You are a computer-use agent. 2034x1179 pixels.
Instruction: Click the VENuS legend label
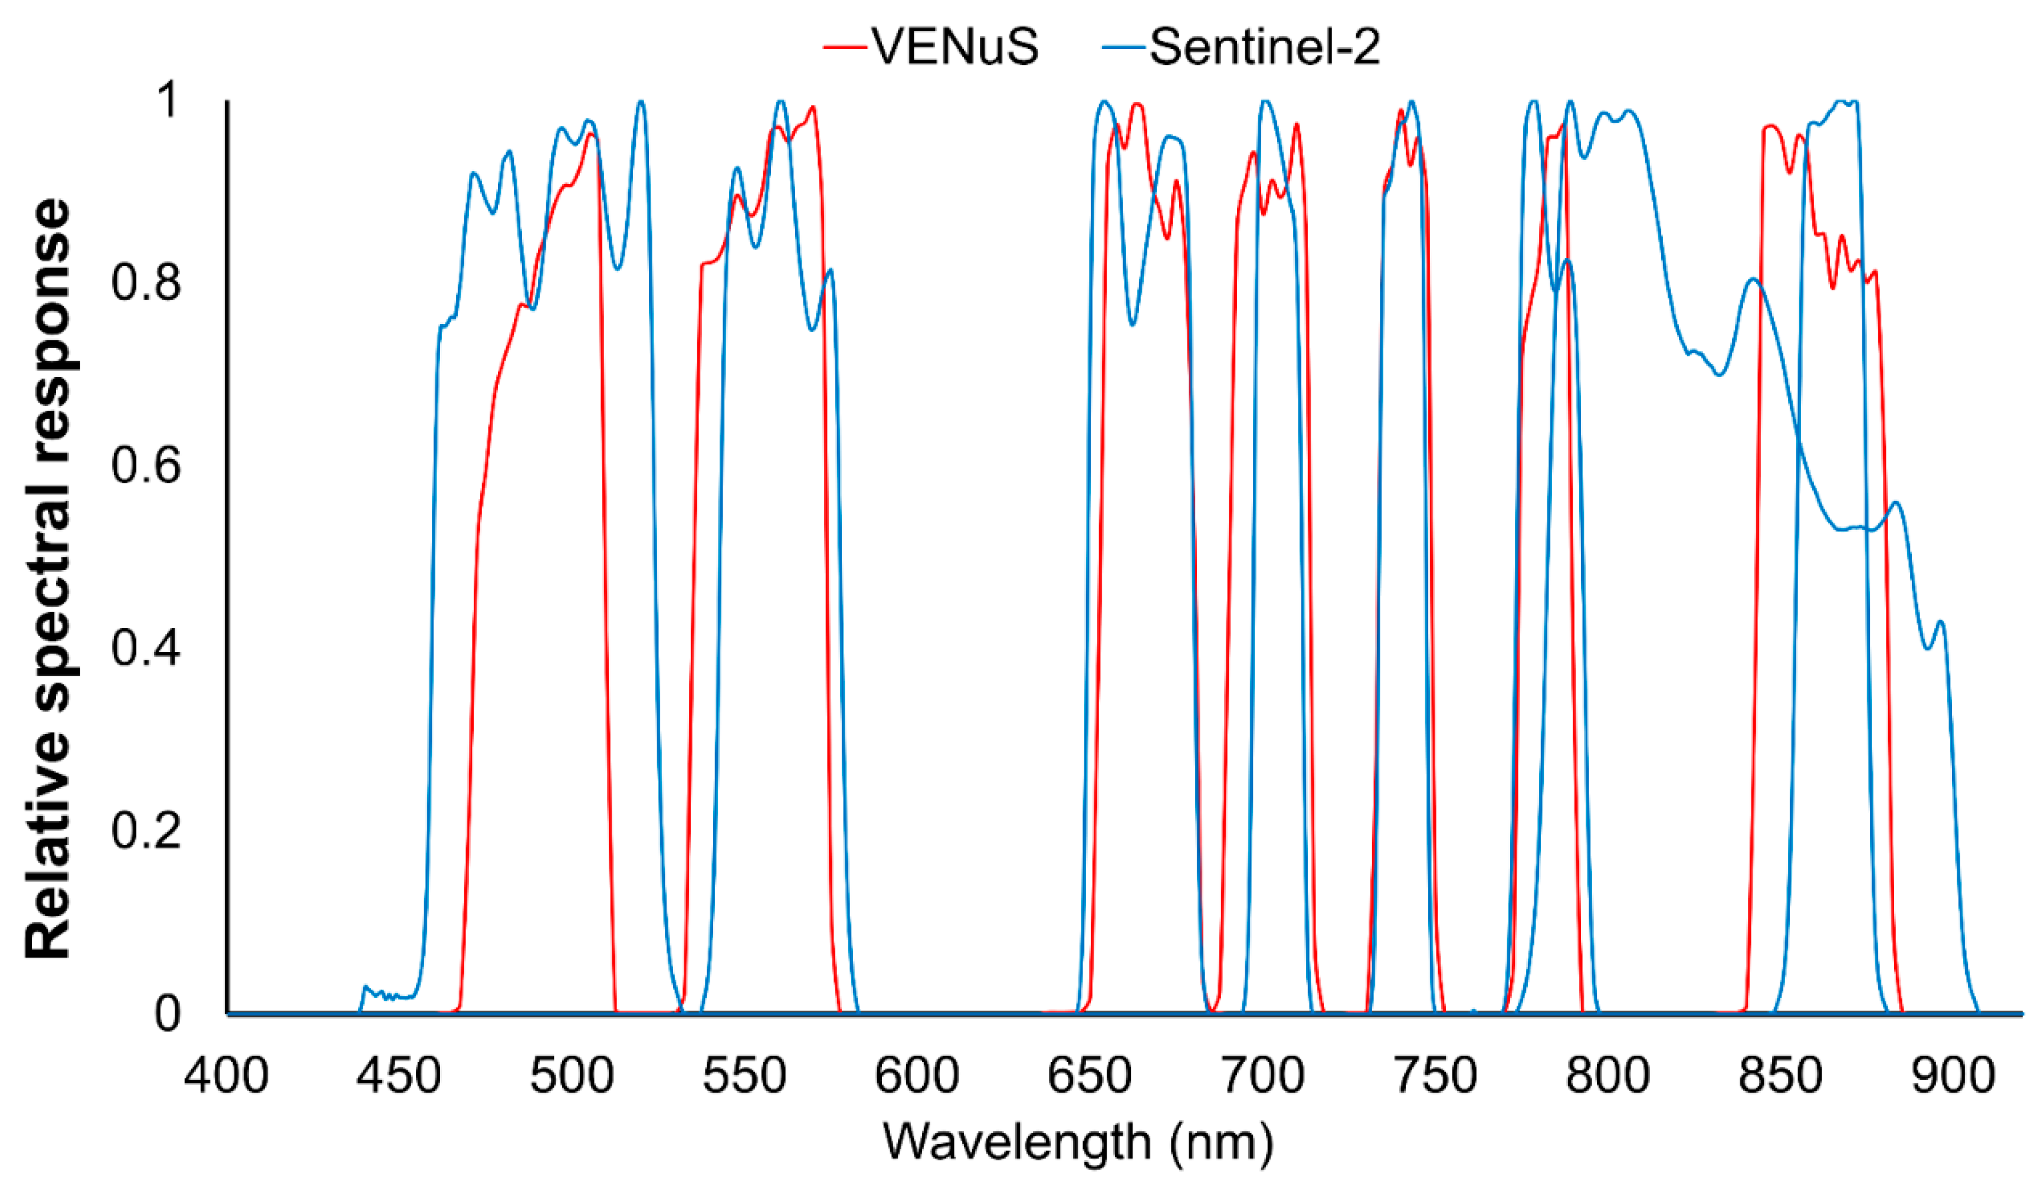pyautogui.click(x=955, y=46)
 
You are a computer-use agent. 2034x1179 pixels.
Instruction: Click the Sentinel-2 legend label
pyautogui.click(x=1265, y=46)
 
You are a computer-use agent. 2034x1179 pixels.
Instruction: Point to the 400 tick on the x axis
pyautogui.click(x=226, y=1076)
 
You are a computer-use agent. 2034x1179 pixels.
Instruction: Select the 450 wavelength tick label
pyautogui.click(x=399, y=1076)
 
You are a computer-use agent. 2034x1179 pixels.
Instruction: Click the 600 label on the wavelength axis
pyautogui.click(x=917, y=1076)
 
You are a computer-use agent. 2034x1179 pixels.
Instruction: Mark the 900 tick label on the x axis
pyautogui.click(x=1953, y=1076)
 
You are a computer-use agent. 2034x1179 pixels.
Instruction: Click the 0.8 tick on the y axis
pyautogui.click(x=145, y=283)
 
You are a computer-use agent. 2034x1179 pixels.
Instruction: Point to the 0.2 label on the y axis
pyautogui.click(x=145, y=830)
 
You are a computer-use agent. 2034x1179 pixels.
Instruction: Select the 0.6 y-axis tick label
pyautogui.click(x=145, y=466)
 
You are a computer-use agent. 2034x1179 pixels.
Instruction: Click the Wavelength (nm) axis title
pyautogui.click(x=1078, y=1141)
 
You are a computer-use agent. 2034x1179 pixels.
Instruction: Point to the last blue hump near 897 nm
pyautogui.click(x=1940, y=623)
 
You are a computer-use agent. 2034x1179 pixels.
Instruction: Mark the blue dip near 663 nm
pyautogui.click(x=1133, y=323)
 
